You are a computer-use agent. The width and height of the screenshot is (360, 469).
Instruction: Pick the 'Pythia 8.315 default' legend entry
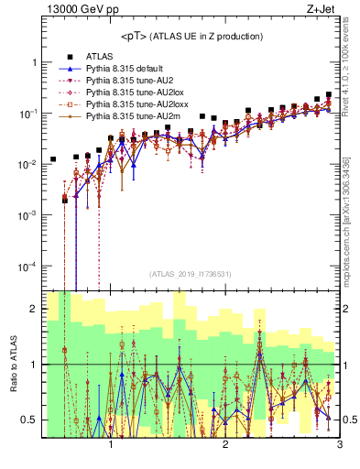click(x=127, y=69)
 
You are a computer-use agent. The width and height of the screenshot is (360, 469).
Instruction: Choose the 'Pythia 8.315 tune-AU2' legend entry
click(x=130, y=81)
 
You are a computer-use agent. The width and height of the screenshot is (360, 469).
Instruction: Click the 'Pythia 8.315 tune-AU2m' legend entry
click(x=133, y=116)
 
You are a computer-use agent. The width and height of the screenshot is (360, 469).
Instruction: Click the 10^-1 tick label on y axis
click(x=27, y=113)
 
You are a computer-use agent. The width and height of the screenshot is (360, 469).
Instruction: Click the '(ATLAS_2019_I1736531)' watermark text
click(x=190, y=274)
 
